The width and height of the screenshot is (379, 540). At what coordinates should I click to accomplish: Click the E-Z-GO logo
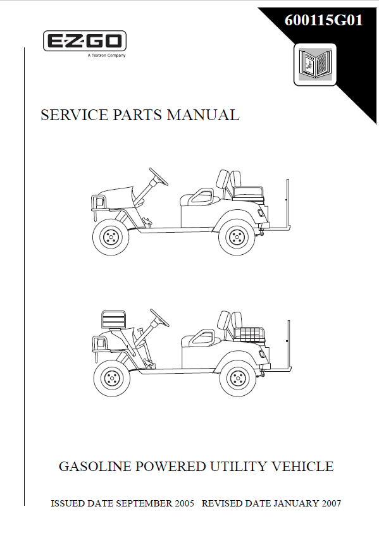pyautogui.click(x=84, y=41)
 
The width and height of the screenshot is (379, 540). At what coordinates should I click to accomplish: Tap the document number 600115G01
pyautogui.click(x=323, y=20)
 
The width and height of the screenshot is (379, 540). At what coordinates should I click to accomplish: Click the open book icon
pyautogui.click(x=315, y=64)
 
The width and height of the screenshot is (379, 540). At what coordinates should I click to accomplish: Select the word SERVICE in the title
pyautogui.click(x=74, y=114)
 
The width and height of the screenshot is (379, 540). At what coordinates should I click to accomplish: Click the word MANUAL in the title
pyautogui.click(x=203, y=114)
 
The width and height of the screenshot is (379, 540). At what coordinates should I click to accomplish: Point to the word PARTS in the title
pyautogui.click(x=137, y=114)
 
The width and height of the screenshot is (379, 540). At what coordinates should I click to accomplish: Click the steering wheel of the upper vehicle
pyautogui.click(x=158, y=176)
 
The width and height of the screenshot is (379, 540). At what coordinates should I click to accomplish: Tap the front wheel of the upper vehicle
pyautogui.click(x=111, y=237)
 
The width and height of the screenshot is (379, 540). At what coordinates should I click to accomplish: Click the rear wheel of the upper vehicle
pyautogui.click(x=237, y=237)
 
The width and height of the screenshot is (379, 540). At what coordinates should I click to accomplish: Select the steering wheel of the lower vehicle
pyautogui.click(x=159, y=317)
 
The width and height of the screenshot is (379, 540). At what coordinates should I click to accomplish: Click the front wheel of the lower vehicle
pyautogui.click(x=112, y=378)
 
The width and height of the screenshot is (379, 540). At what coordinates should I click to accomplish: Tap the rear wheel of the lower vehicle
pyautogui.click(x=238, y=378)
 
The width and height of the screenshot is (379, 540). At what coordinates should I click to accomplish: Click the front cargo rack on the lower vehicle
pyautogui.click(x=113, y=319)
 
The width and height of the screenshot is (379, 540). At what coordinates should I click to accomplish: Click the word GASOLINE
pyautogui.click(x=96, y=467)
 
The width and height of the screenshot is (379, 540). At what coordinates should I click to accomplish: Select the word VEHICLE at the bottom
pyautogui.click(x=302, y=467)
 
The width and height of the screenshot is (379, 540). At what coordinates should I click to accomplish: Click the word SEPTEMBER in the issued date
pyautogui.click(x=144, y=503)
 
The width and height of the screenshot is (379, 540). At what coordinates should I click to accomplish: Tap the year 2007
pyautogui.click(x=332, y=503)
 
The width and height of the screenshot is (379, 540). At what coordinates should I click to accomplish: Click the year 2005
pyautogui.click(x=185, y=503)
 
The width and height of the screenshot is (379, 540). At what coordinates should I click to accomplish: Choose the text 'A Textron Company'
pyautogui.click(x=106, y=56)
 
